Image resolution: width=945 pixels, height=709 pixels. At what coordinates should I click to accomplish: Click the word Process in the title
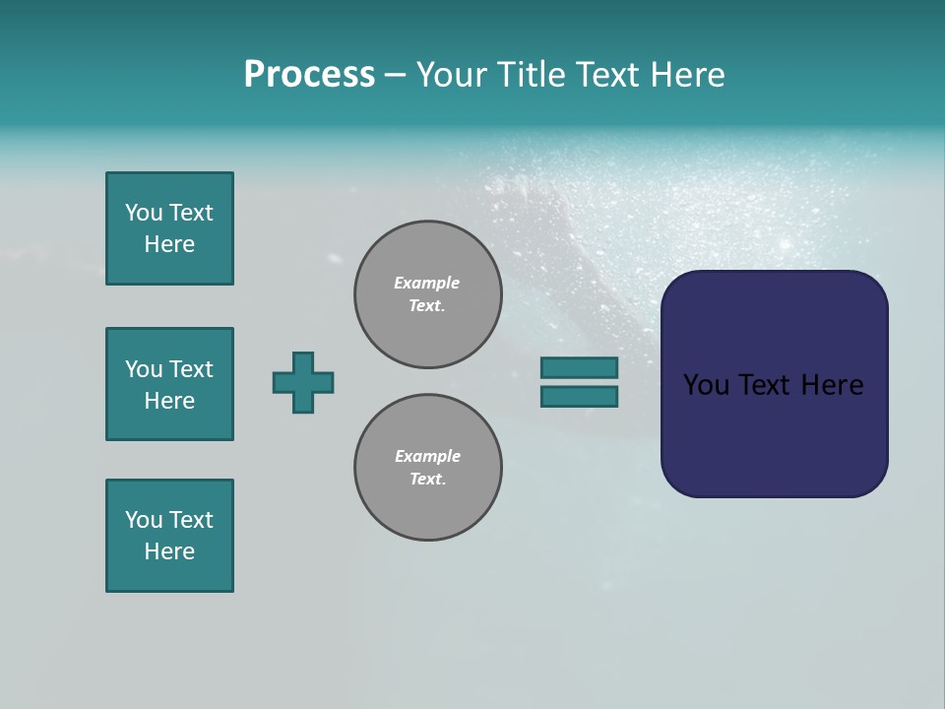click(309, 75)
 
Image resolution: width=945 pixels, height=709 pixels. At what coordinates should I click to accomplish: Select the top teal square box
click(169, 228)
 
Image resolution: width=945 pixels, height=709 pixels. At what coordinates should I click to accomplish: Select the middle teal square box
click(169, 384)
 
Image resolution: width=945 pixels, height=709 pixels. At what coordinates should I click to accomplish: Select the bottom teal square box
click(169, 536)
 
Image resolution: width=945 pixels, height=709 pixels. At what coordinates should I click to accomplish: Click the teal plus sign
click(303, 382)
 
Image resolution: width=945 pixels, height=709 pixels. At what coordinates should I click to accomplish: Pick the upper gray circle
click(427, 294)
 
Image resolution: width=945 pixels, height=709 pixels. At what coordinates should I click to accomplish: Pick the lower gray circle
click(427, 468)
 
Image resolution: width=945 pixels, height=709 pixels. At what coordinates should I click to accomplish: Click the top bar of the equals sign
click(579, 367)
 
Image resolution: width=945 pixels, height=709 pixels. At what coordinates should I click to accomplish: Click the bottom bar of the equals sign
click(579, 397)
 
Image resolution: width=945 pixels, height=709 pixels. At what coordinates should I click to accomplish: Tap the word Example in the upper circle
click(426, 283)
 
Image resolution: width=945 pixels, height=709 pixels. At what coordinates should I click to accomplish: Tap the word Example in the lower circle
click(427, 456)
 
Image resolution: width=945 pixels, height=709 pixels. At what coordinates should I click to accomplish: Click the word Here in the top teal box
click(169, 244)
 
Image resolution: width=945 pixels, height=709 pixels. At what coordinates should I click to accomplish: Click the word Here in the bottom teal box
click(169, 551)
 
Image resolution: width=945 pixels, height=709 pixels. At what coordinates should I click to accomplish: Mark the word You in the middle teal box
click(143, 369)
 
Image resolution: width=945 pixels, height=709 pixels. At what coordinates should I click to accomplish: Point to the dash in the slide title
click(396, 75)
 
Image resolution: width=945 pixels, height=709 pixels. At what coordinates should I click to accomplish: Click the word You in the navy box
click(706, 385)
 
